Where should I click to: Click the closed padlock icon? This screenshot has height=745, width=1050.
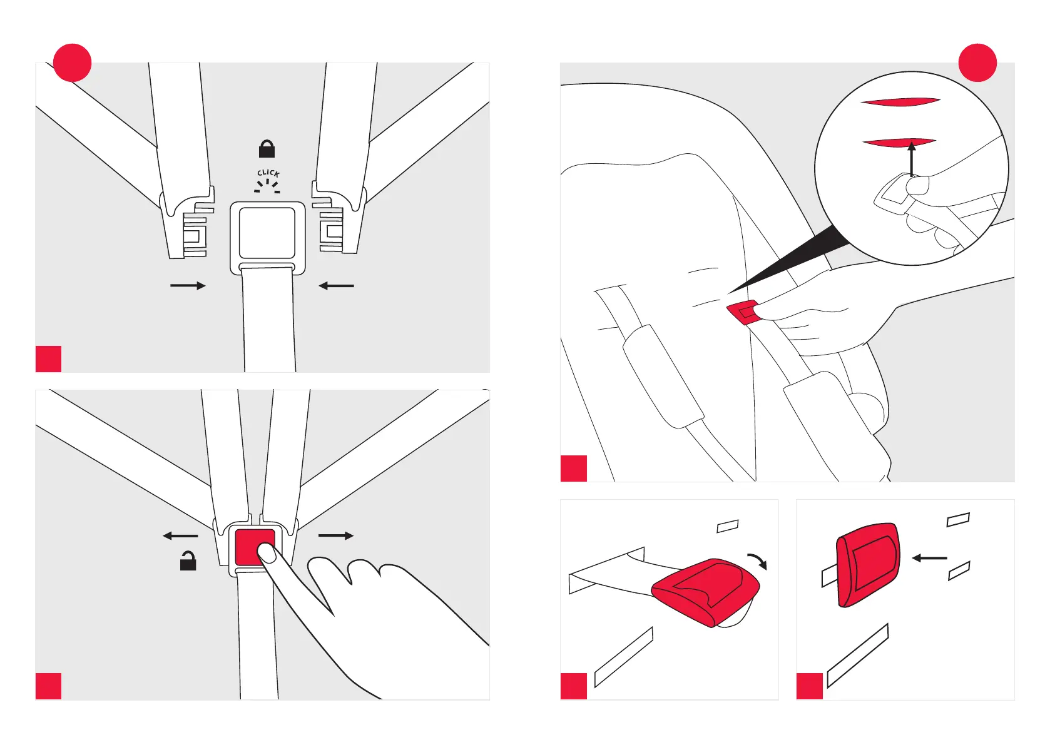[267, 149]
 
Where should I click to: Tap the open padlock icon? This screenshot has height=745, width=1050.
[188, 561]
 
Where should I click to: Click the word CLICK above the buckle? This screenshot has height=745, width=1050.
[268, 173]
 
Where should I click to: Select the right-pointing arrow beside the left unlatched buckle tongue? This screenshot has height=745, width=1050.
[188, 286]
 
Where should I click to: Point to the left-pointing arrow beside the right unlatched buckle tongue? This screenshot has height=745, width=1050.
[337, 286]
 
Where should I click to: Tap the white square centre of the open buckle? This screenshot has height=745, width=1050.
[267, 233]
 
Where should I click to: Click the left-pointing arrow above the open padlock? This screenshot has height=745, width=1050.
[180, 535]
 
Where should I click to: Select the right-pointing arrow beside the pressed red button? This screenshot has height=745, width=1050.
[336, 535]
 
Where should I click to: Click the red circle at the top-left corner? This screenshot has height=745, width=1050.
[73, 63]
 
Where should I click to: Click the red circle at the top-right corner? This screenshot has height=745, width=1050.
[977, 63]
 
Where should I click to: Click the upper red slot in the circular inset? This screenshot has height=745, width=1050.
[900, 101]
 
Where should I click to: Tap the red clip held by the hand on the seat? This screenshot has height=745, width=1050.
[742, 312]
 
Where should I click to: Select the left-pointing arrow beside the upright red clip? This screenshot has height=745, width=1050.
[930, 558]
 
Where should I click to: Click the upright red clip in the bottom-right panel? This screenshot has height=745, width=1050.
[868, 565]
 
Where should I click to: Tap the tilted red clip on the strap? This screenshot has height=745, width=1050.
[706, 591]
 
